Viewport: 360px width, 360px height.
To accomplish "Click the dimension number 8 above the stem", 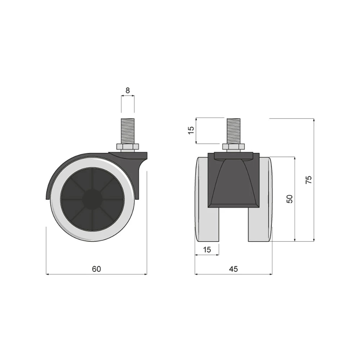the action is (x=128, y=90).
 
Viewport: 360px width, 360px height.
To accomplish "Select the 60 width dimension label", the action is (x=96, y=269).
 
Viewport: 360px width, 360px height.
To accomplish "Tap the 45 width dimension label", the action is (x=233, y=269).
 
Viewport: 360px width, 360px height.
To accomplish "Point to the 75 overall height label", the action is (x=309, y=179).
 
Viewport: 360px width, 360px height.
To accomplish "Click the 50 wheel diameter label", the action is (x=290, y=199).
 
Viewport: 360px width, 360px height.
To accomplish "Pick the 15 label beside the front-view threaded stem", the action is (x=191, y=130).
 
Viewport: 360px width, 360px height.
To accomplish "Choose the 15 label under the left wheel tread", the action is (x=207, y=249).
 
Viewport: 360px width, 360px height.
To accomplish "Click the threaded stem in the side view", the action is (x=128, y=131).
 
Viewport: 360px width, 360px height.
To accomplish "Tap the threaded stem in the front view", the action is (x=234, y=131).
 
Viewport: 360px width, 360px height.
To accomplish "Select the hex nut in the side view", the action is (x=128, y=147).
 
